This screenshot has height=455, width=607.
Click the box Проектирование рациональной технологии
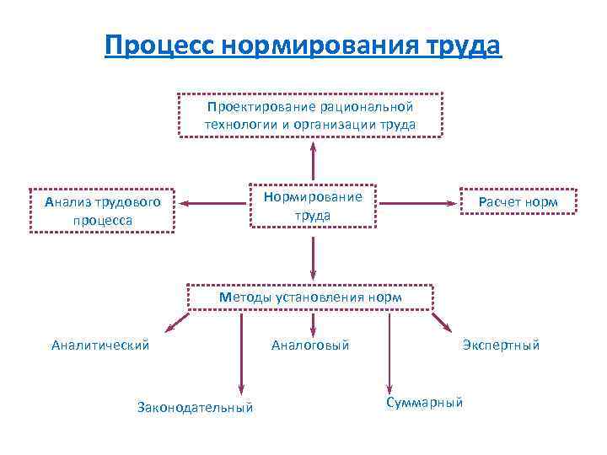(x=310, y=116)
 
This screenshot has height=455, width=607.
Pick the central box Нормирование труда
(x=313, y=206)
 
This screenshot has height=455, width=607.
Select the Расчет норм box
(x=518, y=202)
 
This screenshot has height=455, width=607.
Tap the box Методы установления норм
(x=310, y=297)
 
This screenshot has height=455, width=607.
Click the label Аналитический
(x=100, y=345)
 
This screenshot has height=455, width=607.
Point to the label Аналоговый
(x=310, y=345)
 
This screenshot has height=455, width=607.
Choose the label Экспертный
(x=501, y=345)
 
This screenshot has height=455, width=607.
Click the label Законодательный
(x=195, y=408)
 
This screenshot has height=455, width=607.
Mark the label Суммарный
(x=424, y=403)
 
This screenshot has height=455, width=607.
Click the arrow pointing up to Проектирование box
(x=313, y=160)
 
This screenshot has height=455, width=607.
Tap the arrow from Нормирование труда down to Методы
(x=313, y=257)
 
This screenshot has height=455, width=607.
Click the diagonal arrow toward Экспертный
(x=443, y=323)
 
